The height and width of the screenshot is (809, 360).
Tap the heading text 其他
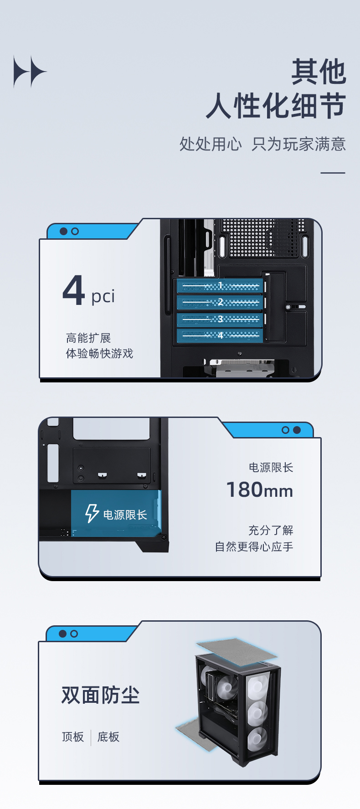[319, 72]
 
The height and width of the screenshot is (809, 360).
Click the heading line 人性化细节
[276, 106]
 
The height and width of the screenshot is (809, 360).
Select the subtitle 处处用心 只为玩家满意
[262, 144]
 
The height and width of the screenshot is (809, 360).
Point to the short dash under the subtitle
[333, 173]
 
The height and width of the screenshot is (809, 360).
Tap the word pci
[103, 296]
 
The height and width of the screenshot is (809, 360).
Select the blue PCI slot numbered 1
[220, 286]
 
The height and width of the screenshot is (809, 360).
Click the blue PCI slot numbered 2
[220, 302]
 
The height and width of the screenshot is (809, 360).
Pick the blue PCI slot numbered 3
[220, 319]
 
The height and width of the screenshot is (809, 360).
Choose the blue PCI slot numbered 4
[220, 335]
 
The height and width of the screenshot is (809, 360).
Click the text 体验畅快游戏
[99, 354]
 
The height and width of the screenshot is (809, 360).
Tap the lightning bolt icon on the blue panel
[92, 513]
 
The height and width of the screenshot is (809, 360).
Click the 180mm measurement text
[260, 490]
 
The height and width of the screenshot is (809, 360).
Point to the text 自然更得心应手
[254, 546]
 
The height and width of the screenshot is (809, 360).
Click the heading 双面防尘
[100, 695]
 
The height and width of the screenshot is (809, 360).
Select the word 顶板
[73, 737]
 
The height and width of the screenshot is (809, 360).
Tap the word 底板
[108, 737]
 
